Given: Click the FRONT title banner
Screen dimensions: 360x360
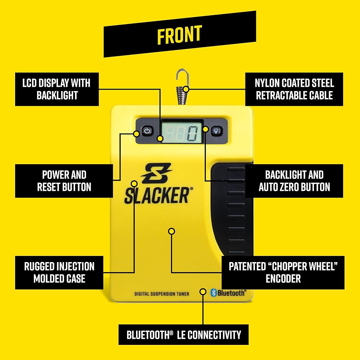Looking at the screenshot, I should [x=180, y=34].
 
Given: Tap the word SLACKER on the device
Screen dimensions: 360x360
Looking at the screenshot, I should [x=156, y=195].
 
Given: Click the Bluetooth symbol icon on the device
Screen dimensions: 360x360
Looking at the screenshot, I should [x=213, y=293].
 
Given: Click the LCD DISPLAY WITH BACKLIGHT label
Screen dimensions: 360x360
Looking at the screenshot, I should [x=57, y=89].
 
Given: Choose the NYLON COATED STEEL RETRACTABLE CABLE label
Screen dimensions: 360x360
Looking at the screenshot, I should [x=294, y=89].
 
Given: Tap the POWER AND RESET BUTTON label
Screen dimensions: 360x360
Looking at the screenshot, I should [x=64, y=181].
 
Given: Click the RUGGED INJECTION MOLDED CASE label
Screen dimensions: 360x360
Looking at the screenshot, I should [x=59, y=272].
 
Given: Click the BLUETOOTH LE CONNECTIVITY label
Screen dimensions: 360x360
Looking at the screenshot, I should [x=184, y=335].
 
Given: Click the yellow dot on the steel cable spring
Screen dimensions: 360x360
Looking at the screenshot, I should [x=186, y=89].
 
